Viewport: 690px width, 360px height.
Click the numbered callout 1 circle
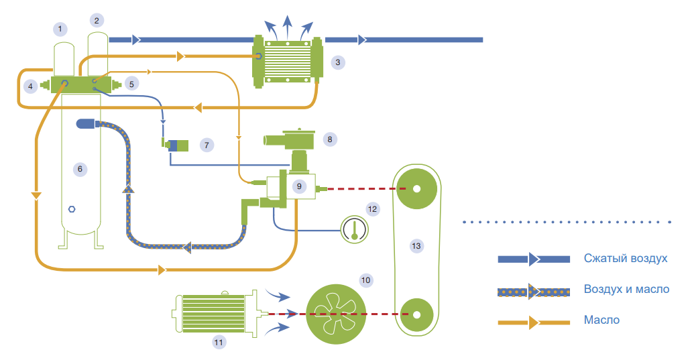pyautogui.click(x=61, y=29)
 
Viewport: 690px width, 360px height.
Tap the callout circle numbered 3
pyautogui.click(x=338, y=62)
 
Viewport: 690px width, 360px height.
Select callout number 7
pyautogui.click(x=207, y=144)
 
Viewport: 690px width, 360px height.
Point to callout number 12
pyautogui.click(x=373, y=208)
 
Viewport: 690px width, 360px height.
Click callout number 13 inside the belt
pyautogui.click(x=416, y=246)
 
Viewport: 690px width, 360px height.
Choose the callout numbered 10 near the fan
pyautogui.click(x=365, y=279)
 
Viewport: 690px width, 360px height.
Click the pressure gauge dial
pyautogui.click(x=353, y=229)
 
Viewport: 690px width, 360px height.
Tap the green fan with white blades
pyautogui.click(x=336, y=313)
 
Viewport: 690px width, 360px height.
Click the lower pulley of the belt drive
pyautogui.click(x=416, y=313)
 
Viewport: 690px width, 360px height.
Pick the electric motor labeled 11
pyautogui.click(x=215, y=313)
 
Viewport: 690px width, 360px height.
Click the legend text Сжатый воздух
pyautogui.click(x=626, y=259)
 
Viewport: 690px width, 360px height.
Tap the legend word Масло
pyautogui.click(x=601, y=320)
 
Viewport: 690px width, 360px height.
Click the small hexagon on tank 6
pyautogui.click(x=72, y=208)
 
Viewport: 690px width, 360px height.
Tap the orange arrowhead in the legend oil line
pyautogui.click(x=534, y=321)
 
